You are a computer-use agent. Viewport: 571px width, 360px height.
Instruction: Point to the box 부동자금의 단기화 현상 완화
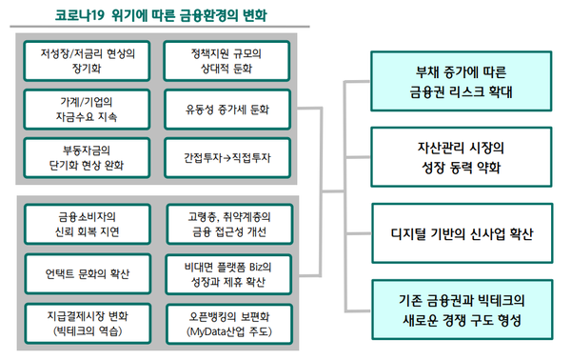tap(88, 156)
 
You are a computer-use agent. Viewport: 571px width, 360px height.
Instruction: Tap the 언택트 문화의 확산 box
tap(88, 273)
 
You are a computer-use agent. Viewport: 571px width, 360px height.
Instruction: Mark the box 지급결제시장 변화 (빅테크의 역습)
tap(88, 323)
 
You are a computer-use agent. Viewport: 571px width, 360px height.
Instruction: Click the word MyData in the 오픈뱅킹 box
tap(208, 331)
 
